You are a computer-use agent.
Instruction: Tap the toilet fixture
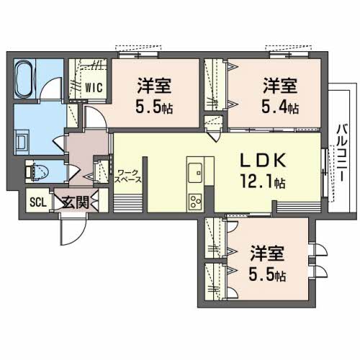[37, 171]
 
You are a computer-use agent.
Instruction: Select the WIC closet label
[94, 87]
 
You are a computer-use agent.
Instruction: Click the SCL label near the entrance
[38, 202]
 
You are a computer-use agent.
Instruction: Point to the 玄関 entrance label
[76, 202]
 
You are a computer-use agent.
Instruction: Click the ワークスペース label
[127, 176]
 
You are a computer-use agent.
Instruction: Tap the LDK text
[263, 161]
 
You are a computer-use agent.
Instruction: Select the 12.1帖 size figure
[263, 181]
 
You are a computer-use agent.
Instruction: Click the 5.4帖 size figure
[280, 107]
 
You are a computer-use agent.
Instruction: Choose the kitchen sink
[195, 173]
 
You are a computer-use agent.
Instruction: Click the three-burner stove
[195, 202]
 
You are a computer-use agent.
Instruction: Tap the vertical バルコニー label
[342, 153]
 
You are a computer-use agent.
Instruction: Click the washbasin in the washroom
[22, 142]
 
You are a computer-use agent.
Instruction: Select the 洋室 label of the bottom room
[267, 253]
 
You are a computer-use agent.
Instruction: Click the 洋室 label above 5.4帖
[280, 86]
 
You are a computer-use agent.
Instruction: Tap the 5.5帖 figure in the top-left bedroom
[154, 107]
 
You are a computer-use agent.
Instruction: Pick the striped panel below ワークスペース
[128, 204]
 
